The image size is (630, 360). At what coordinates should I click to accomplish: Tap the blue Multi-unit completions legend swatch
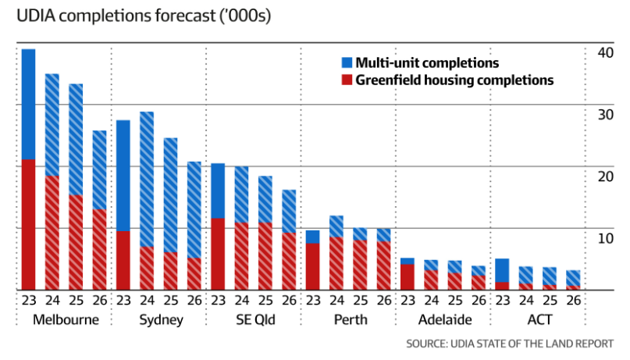coord(347,62)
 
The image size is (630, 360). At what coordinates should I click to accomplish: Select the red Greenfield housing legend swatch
coord(347,80)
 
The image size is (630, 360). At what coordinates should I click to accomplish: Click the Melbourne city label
coord(65,319)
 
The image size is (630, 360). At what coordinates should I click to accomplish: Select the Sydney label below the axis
coord(161,319)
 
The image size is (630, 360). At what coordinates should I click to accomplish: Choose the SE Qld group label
coord(255,319)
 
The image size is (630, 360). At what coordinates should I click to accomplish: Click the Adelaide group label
coord(444,319)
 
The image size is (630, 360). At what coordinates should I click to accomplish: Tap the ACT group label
coord(538,319)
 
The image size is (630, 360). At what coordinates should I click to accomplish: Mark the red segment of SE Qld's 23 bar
coord(218,254)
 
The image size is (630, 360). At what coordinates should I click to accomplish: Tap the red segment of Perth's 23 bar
coord(312,266)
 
